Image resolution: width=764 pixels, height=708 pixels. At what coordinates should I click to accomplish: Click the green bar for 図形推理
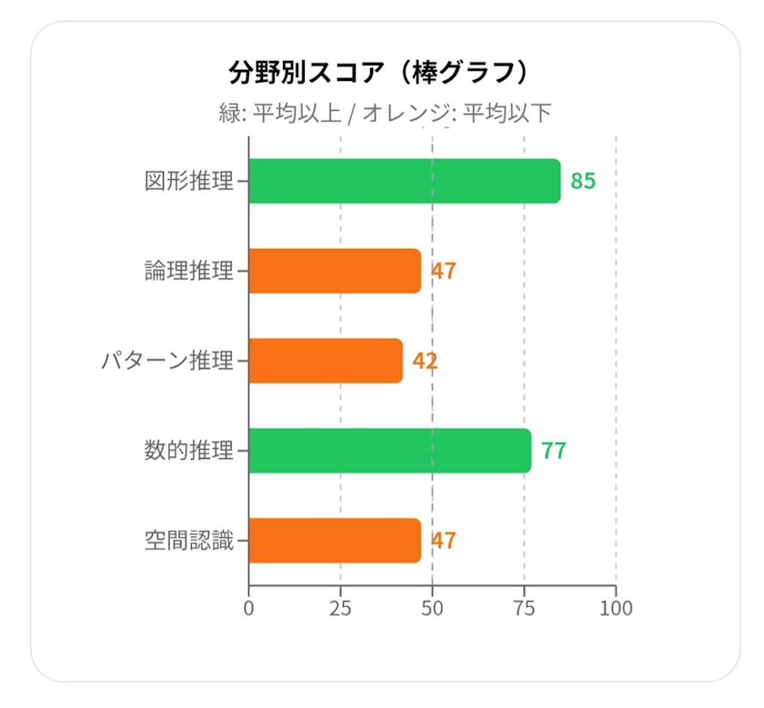405,181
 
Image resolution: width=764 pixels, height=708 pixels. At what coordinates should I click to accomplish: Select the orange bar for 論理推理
335,271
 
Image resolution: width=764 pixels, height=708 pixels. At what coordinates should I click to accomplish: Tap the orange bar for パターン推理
326,361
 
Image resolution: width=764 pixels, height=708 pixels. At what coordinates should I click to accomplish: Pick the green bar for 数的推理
390,451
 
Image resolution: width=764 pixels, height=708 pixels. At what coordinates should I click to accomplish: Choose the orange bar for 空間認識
335,541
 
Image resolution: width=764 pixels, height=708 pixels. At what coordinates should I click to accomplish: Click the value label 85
583,181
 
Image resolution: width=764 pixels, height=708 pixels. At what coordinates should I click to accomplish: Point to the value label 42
425,361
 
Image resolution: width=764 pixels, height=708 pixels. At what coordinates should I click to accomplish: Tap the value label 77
554,451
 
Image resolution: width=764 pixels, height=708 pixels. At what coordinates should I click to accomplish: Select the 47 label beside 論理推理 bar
444,271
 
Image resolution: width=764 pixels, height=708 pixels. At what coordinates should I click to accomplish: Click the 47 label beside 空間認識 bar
444,541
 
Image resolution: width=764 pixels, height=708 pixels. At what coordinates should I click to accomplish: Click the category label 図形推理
189,181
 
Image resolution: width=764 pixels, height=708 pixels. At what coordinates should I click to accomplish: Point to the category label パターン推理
167,361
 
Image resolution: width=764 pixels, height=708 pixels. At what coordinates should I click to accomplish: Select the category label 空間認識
189,541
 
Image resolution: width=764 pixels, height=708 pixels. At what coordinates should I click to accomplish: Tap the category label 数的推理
189,451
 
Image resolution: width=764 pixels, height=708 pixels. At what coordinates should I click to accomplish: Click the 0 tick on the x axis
248,608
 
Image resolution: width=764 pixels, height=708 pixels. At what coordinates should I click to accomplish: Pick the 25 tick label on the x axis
340,608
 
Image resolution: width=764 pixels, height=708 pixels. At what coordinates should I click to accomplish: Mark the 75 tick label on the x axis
524,608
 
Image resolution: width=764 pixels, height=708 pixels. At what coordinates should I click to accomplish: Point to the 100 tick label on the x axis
616,608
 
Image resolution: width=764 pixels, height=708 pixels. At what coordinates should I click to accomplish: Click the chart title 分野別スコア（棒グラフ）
379,73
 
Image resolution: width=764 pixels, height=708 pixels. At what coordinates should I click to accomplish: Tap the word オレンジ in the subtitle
406,113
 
